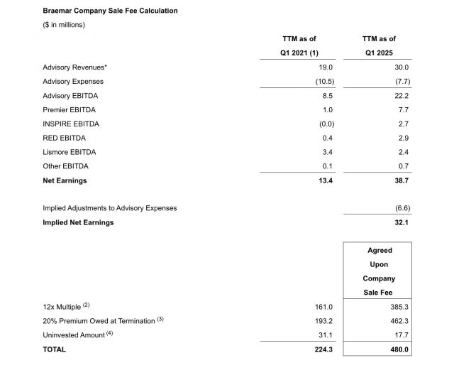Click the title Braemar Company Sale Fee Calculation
point(110,11)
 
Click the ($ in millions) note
point(64,25)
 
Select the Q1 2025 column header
point(379,53)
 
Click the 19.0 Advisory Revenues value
point(325,67)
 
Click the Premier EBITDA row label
point(70,110)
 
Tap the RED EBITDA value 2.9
point(404,138)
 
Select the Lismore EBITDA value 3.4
point(326,152)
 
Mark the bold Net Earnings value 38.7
point(402,180)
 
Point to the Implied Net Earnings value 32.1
point(402,222)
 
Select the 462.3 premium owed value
point(400,321)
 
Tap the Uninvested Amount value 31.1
point(324,335)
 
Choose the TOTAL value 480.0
point(400,349)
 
